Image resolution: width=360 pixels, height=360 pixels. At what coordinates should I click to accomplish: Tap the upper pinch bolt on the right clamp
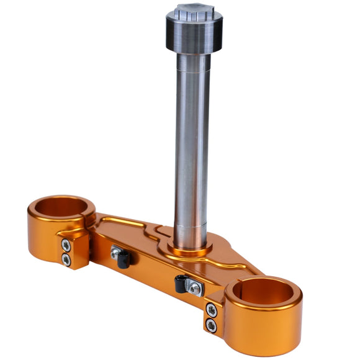(212, 310)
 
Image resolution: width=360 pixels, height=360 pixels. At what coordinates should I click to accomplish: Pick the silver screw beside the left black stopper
(115, 252)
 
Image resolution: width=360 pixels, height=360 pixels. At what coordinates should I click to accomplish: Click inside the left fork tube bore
(61, 207)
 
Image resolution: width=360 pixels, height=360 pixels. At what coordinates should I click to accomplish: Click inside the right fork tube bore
(264, 291)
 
